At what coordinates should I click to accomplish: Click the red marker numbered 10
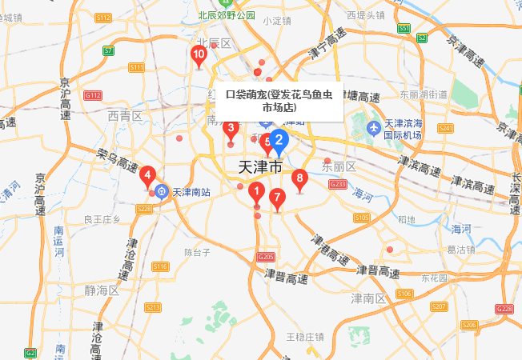[199, 55]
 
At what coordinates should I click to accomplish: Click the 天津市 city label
[261, 167]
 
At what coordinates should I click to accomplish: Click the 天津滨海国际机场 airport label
[402, 130]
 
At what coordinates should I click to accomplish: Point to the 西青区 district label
[125, 116]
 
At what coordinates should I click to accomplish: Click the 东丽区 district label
[338, 166]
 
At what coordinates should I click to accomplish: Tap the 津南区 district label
[368, 298]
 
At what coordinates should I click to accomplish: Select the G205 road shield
[266, 257]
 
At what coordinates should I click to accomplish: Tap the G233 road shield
[338, 185]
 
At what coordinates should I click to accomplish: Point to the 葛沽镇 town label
[461, 250]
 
